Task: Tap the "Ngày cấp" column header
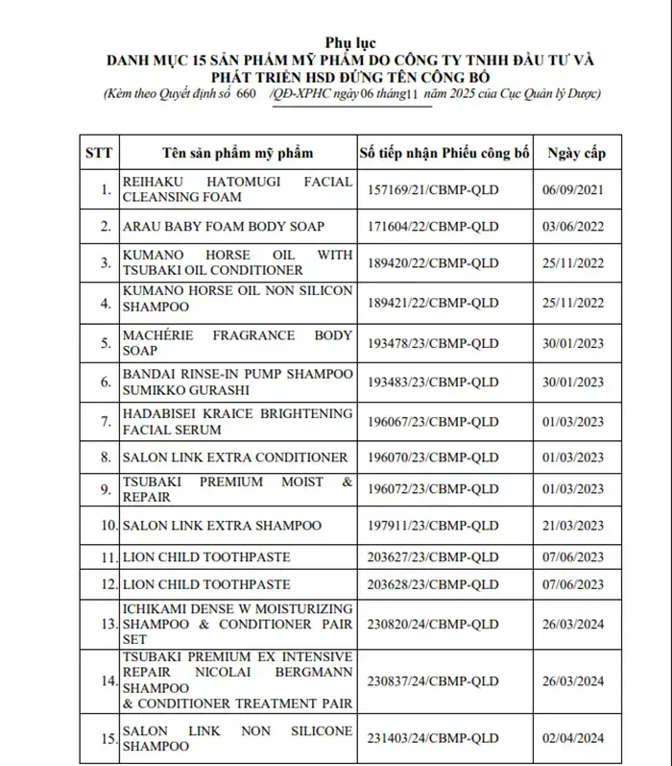click(x=576, y=153)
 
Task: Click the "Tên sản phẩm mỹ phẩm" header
click(x=237, y=153)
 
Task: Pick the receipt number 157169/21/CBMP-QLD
click(x=433, y=189)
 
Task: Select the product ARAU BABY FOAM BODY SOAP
click(x=223, y=227)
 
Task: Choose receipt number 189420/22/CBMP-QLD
click(x=433, y=262)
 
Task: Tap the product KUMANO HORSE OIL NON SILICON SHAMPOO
click(x=237, y=298)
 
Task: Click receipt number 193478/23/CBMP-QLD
click(x=433, y=343)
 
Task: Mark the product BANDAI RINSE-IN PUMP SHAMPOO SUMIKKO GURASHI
click(x=237, y=382)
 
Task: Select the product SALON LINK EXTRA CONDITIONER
click(x=234, y=457)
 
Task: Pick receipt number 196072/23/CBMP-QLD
click(x=433, y=489)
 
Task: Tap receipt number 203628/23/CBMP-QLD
click(x=433, y=584)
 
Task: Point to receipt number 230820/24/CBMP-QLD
click(x=433, y=624)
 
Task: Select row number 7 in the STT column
click(x=106, y=422)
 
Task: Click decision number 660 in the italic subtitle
click(x=245, y=94)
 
